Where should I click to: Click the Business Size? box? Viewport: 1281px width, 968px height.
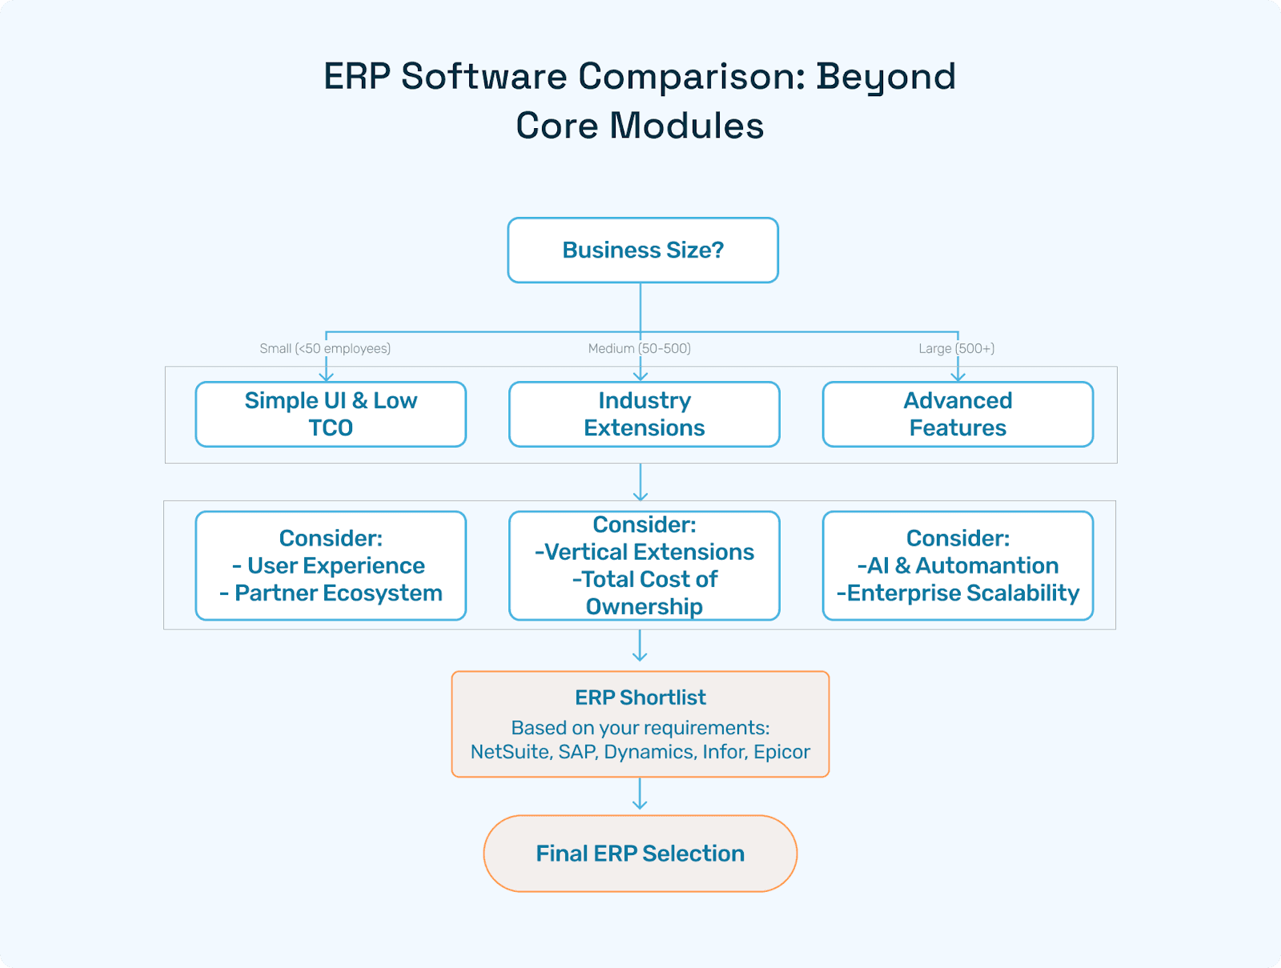[x=643, y=250]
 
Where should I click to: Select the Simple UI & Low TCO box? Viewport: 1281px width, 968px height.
[x=331, y=414]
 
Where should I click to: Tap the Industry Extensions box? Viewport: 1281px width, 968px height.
[x=644, y=414]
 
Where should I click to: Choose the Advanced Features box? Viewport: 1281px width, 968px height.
[x=958, y=414]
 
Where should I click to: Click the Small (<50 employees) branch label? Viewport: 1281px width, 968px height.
[x=325, y=348]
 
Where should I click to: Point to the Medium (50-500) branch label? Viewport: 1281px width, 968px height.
[x=639, y=348]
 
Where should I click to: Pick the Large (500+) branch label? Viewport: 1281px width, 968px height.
[x=956, y=348]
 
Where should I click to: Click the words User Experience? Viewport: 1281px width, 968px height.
[x=336, y=565]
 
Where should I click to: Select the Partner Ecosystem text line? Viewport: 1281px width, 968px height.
[x=338, y=592]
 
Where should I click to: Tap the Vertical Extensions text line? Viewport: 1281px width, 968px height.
[x=649, y=552]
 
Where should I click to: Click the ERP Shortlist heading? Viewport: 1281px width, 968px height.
[x=640, y=697]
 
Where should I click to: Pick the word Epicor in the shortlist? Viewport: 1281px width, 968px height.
[x=781, y=752]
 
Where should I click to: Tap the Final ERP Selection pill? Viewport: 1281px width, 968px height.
[x=640, y=854]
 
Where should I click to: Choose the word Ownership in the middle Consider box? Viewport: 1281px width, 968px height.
[x=645, y=606]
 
